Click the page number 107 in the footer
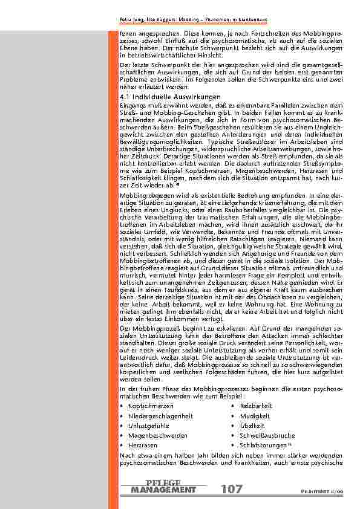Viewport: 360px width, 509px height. [x=232, y=489]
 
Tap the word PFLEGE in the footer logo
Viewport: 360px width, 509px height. [x=163, y=482]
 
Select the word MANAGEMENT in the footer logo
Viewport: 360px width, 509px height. [x=163, y=490]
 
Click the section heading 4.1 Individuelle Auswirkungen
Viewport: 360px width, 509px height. [x=161, y=97]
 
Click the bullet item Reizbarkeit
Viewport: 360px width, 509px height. [x=256, y=405]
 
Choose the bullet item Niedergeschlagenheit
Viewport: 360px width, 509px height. [x=160, y=415]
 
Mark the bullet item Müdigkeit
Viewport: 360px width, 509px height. [x=254, y=415]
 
